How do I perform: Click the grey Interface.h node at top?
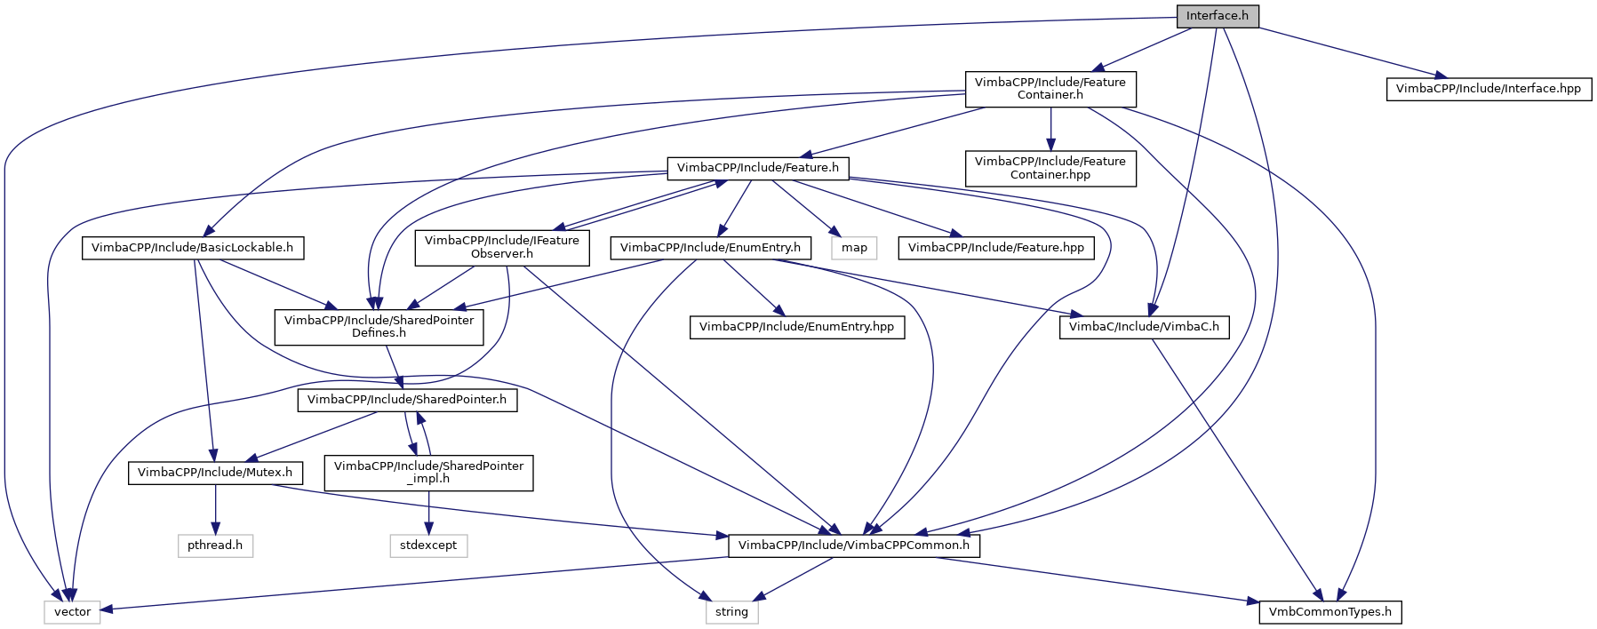(x=1217, y=16)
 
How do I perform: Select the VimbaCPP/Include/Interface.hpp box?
(x=1488, y=89)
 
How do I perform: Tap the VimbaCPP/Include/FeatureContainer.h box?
(x=1050, y=89)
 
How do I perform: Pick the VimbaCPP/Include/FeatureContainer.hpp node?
(x=1050, y=168)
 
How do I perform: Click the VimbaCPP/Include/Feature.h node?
(x=757, y=168)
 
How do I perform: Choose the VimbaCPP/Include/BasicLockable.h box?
(x=192, y=248)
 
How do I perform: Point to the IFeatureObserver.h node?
(x=501, y=247)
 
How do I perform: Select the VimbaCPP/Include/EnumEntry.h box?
(x=710, y=248)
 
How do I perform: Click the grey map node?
(x=854, y=248)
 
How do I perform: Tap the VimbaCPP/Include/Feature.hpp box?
(x=995, y=248)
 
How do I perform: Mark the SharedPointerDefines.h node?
(x=379, y=326)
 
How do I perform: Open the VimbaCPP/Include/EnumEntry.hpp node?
(x=796, y=327)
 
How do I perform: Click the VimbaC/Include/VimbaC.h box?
(x=1144, y=327)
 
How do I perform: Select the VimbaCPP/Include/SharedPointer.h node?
(x=406, y=400)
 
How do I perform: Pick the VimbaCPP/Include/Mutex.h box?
(x=215, y=473)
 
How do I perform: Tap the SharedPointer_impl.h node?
(x=428, y=472)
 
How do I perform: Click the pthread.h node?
(x=215, y=545)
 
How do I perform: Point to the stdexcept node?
(x=428, y=545)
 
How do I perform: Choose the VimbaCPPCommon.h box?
(x=853, y=545)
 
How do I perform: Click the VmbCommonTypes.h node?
(x=1330, y=612)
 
